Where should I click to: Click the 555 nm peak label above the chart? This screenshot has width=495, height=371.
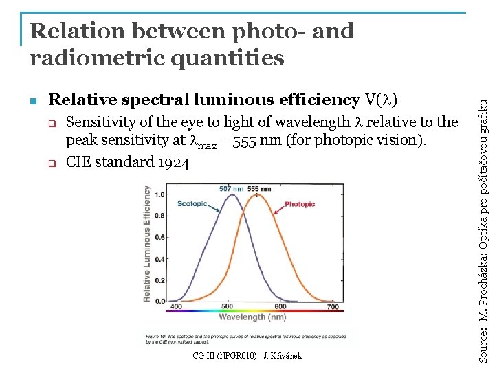[258, 189]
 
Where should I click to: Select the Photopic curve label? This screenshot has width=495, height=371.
[300, 204]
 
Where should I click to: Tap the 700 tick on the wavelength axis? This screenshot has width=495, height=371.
[332, 307]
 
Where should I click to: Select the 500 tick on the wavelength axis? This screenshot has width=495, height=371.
[228, 307]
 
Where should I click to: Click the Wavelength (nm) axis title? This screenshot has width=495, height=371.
[252, 317]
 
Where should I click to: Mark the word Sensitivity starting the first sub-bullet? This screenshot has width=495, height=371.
[102, 123]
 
